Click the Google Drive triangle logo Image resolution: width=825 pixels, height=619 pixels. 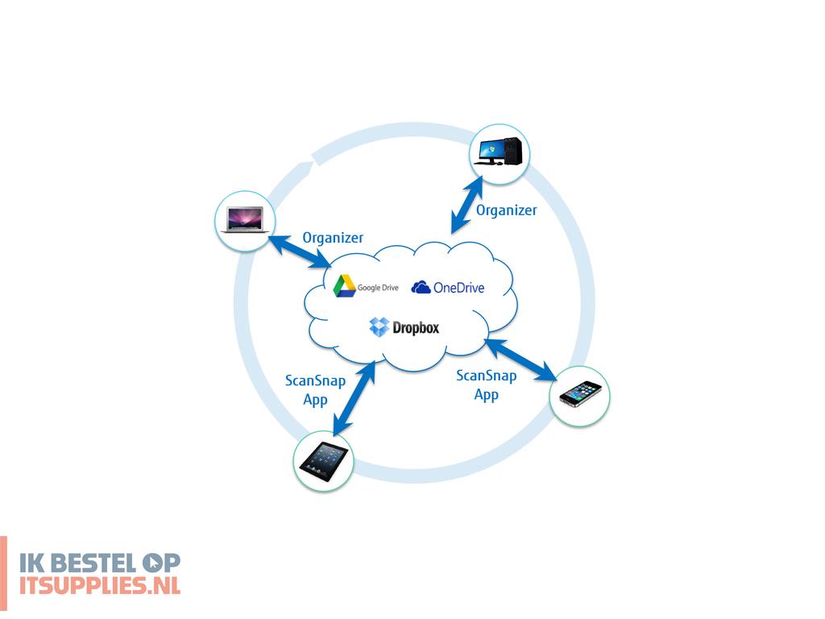click(345, 286)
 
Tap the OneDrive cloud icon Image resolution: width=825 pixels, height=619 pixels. click(421, 287)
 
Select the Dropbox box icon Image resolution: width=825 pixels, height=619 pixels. click(379, 327)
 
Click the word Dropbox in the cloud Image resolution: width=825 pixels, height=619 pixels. click(416, 328)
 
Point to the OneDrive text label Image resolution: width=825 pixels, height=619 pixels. click(459, 288)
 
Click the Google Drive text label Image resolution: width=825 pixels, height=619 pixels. click(379, 288)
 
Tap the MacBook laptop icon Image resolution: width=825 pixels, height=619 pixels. click(243, 220)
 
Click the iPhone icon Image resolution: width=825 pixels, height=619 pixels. click(580, 394)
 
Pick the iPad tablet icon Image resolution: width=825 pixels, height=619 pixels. click(324, 460)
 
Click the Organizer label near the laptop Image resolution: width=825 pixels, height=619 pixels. click(333, 238)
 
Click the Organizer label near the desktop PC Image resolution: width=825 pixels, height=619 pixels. click(506, 210)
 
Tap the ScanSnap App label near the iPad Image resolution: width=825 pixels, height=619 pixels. click(315, 389)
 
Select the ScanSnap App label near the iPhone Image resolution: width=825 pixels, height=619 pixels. click(486, 384)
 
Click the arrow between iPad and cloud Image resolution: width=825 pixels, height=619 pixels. click(354, 397)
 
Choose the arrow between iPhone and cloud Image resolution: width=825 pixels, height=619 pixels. click(520, 359)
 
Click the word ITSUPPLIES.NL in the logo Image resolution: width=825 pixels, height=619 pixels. click(100, 585)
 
